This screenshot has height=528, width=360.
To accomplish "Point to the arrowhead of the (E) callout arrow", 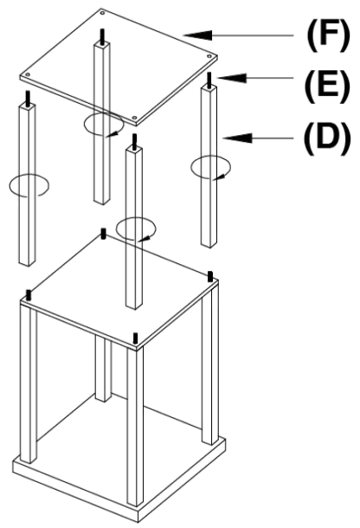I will coord(218,78).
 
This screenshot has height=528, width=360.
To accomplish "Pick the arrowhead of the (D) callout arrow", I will coord(228,135).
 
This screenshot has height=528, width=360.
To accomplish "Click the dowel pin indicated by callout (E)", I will coord(209,80).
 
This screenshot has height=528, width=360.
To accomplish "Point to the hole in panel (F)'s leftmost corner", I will coord(29,74).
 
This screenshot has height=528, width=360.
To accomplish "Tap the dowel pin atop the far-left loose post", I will coord(30,109).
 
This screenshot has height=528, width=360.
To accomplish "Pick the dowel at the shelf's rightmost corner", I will coord(212,275).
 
